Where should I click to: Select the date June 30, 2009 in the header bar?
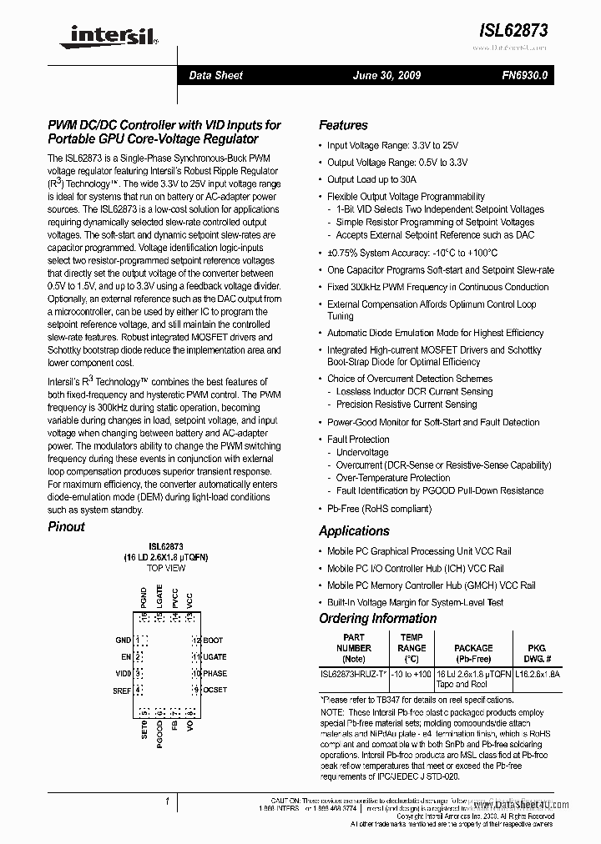(387, 75)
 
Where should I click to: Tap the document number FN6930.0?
(525, 75)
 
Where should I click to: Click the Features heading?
(343, 125)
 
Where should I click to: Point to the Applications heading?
(354, 531)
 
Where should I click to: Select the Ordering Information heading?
(377, 619)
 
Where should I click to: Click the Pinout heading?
(66, 527)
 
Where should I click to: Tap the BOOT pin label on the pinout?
(214, 640)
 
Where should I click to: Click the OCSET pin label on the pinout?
(215, 690)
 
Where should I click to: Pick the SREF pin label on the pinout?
(123, 690)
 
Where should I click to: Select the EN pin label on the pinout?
(127, 656)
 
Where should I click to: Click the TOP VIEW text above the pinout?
(166, 568)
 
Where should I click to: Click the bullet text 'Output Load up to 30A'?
(371, 179)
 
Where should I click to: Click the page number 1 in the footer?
(168, 802)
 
